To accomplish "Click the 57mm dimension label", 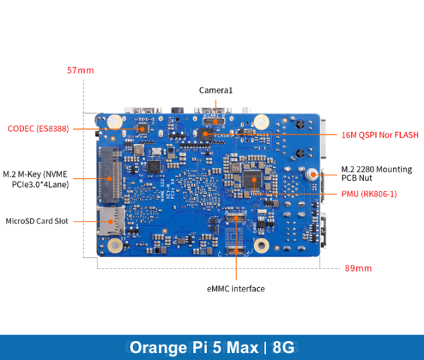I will [x=80, y=71].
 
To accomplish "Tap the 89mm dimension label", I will [x=358, y=268].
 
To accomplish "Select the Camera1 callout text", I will [x=216, y=90].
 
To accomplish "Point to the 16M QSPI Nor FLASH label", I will [x=379, y=135].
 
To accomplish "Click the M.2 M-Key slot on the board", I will [x=109, y=174].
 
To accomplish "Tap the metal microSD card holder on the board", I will [x=111, y=222].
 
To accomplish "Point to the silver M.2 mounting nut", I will [x=312, y=174].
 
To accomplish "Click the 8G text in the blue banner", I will [x=283, y=347].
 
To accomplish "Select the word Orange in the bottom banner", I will [x=155, y=347].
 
